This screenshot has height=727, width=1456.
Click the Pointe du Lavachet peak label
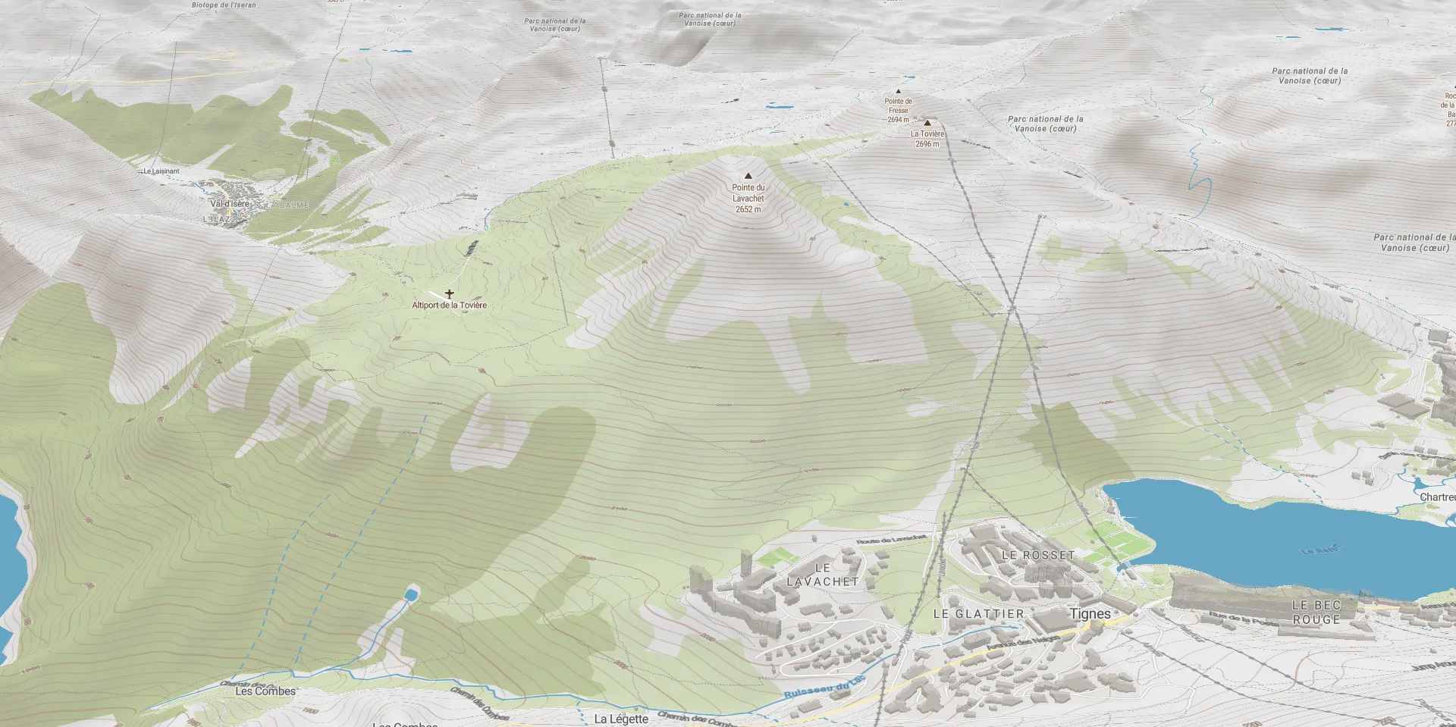point(748,198)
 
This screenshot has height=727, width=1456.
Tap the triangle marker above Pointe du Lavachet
point(748,176)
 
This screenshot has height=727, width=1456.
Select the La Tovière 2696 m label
point(927,139)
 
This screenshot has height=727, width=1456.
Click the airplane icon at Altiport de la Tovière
point(449,293)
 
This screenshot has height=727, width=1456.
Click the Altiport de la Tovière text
point(449,305)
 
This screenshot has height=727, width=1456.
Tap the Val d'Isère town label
point(229,204)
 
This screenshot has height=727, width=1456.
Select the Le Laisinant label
point(162,171)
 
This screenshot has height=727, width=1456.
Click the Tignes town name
point(1090,613)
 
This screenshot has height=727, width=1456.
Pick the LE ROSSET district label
point(1038,555)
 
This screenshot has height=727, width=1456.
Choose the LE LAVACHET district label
point(823,575)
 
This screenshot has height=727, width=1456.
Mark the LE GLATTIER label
point(978,613)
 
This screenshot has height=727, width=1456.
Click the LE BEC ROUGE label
point(1316,612)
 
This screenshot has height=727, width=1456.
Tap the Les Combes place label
point(265,691)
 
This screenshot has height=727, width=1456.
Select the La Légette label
point(621,719)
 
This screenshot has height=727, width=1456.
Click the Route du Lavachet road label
point(892,539)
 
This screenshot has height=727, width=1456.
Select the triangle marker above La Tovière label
point(927,123)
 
